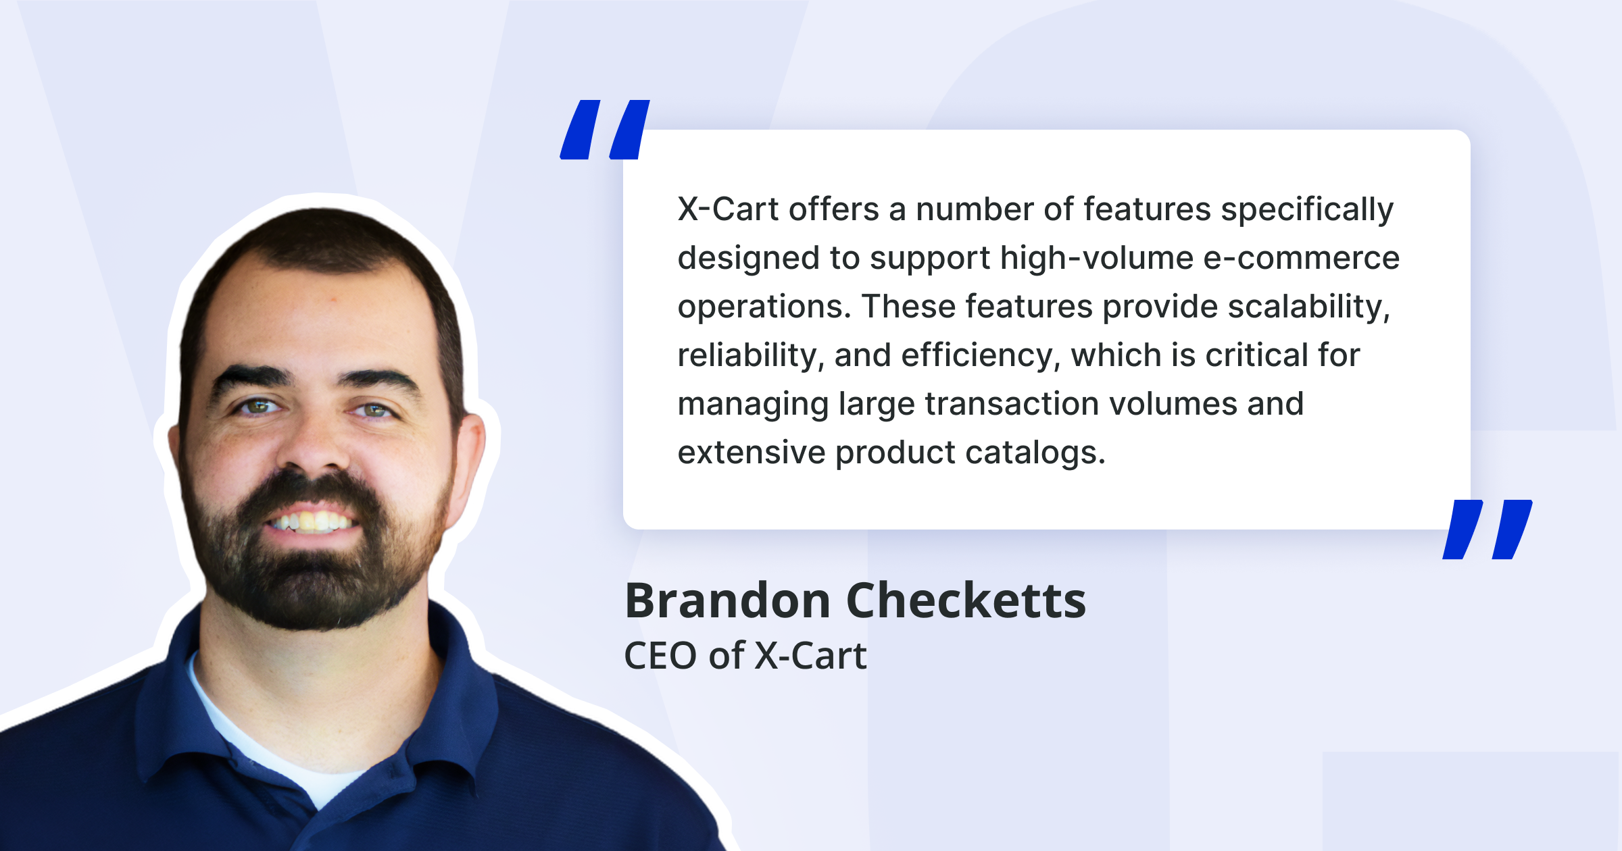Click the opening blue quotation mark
tap(605, 130)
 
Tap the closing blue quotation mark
tap(1487, 530)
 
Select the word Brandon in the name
tap(727, 600)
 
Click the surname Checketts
tap(966, 600)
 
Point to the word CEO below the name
tap(660, 656)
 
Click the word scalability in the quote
tap(1308, 307)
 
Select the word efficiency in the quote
tap(980, 355)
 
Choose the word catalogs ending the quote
tap(1035, 453)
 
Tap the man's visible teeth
tap(312, 521)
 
